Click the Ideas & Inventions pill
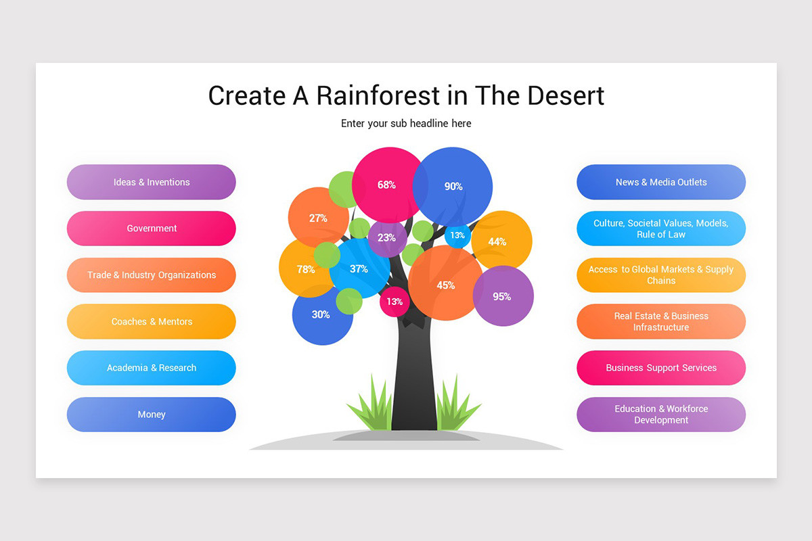point(151,182)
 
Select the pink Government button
point(151,229)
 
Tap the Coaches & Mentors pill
point(151,321)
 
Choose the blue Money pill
point(151,414)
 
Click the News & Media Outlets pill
point(661,182)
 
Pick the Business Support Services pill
point(661,368)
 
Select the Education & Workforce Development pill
point(661,414)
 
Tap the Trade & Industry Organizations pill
point(151,275)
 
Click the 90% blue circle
point(453,187)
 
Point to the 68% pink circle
point(387,185)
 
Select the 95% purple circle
point(503,296)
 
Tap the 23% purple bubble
point(387,238)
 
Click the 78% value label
point(306,269)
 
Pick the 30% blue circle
point(322,314)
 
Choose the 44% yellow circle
point(501,241)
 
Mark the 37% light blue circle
point(359,268)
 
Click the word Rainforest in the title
point(378,95)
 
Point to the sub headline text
point(406,124)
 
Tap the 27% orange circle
point(318,218)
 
